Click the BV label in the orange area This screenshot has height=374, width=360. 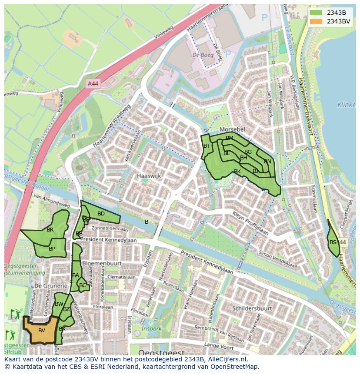42,331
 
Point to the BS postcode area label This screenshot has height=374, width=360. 333,242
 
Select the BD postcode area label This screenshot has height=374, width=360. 101,214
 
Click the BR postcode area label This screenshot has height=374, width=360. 50,230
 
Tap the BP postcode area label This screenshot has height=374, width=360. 52,249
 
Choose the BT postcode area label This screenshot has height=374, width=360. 207,146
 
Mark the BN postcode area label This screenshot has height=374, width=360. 267,162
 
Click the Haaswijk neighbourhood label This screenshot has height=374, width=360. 149,176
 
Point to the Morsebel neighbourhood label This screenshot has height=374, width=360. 232,130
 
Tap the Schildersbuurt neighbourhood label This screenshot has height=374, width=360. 252,308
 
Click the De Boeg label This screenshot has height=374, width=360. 203,55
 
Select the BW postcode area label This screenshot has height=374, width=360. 59,304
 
